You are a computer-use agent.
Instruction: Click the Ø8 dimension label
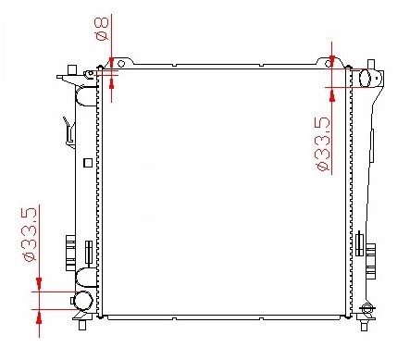pos(102,29)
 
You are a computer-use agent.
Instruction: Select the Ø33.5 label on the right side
pos(323,143)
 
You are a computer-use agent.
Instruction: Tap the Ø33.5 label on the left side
pos(31,234)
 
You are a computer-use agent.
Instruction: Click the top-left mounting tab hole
pos(121,64)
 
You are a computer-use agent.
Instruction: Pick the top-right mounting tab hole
pos(329,64)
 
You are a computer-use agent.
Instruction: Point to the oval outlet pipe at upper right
pos(365,79)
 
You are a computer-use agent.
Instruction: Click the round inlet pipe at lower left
pos(83,300)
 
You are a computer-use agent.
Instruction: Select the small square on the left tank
pos(88,163)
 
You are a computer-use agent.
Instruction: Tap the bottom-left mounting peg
pos(82,326)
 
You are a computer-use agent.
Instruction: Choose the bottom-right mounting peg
pos(365,326)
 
